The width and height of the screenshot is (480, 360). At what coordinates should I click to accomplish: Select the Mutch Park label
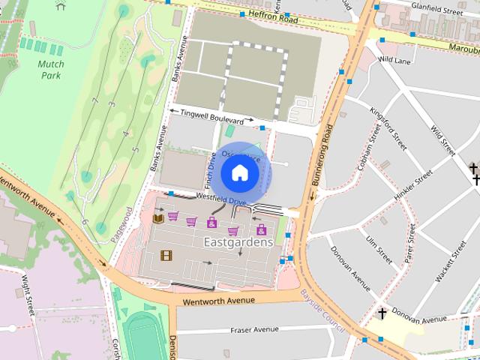pyautogui.click(x=50, y=70)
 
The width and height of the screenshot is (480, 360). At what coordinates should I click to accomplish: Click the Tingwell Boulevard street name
pyautogui.click(x=211, y=116)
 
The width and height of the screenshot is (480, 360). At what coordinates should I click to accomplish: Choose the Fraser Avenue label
pyautogui.click(x=254, y=329)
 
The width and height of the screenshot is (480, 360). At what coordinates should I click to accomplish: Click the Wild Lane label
pyautogui.click(x=395, y=58)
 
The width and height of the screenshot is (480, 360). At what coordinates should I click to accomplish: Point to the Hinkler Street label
pyautogui.click(x=414, y=185)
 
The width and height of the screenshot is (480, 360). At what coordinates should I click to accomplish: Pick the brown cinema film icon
pyautogui.click(x=166, y=255)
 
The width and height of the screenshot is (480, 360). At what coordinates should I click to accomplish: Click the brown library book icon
pyautogui.click(x=158, y=219)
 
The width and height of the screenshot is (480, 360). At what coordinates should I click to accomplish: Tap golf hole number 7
pyautogui.click(x=94, y=100)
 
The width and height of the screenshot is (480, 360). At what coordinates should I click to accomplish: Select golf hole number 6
pyautogui.click(x=85, y=222)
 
